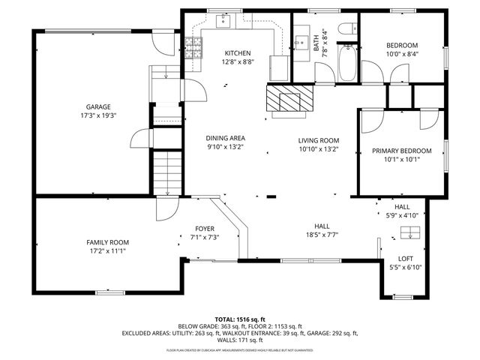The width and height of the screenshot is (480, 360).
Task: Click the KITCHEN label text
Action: [x=237, y=53]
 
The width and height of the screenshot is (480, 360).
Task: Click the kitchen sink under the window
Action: [x=226, y=22]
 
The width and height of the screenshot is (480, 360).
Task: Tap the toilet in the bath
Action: [x=347, y=30]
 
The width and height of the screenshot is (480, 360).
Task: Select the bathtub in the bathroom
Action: [x=349, y=64]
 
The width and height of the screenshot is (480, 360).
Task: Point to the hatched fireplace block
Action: [x=285, y=97]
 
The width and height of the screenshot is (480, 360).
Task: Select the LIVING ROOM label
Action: [x=319, y=140]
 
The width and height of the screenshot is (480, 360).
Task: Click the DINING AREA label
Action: [x=226, y=138]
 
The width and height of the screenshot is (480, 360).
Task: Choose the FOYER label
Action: [x=205, y=229]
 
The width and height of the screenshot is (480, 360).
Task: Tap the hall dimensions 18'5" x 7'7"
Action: [x=322, y=234]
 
